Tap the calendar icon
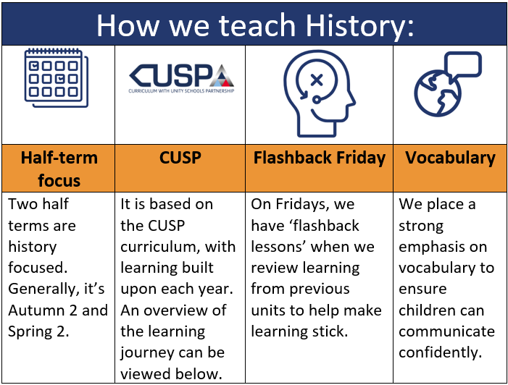pyautogui.click(x=57, y=77)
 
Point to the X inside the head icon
pyautogui.click(x=317, y=80)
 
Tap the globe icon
pyautogui.click(x=438, y=93)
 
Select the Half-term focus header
pyautogui.click(x=59, y=169)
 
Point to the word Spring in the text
pyautogui.click(x=30, y=332)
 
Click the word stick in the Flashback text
pyautogui.click(x=333, y=331)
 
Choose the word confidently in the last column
pyautogui.click(x=441, y=353)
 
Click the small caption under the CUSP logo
pyautogui.click(x=181, y=91)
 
